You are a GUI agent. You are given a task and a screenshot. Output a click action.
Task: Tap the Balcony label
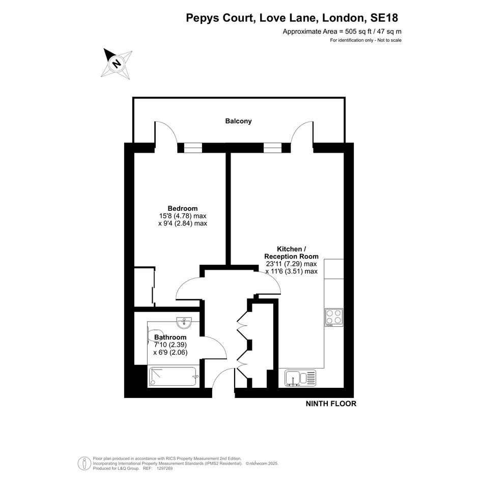pyautogui.click(x=238, y=121)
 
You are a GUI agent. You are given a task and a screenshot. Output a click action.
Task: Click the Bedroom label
pyautogui.click(x=183, y=208)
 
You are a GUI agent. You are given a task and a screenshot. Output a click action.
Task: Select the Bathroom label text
pyautogui.click(x=170, y=337)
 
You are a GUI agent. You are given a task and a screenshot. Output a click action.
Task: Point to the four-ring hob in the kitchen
pyautogui.click(x=334, y=317)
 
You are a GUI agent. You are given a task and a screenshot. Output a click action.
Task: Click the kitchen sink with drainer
pyautogui.click(x=300, y=378)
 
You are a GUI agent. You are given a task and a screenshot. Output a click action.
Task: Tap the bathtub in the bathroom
pyautogui.click(x=173, y=377)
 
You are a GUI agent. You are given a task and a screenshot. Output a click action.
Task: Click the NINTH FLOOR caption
pyautogui.click(x=331, y=404)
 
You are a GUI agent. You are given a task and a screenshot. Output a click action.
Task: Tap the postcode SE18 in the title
pyautogui.click(x=384, y=18)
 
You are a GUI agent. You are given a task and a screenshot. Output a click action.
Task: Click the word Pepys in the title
pyautogui.click(x=203, y=18)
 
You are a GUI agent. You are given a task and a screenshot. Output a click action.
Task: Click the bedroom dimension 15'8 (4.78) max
pyautogui.click(x=183, y=216)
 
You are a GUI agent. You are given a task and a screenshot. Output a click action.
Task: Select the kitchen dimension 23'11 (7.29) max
pyautogui.click(x=291, y=264)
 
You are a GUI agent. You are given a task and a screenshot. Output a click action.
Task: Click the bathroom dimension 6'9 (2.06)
pyautogui.click(x=170, y=352)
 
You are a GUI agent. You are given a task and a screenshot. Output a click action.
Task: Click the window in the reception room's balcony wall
pyautogui.click(x=272, y=148)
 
